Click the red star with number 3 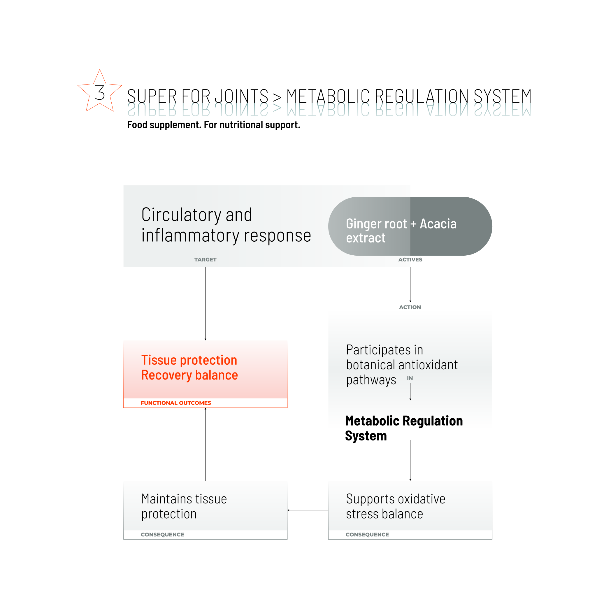pos(99,92)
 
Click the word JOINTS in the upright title pos(241,96)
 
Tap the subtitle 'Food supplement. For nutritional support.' pos(213,125)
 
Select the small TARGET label pos(205,259)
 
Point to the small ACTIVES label pos(410,259)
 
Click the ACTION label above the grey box pos(410,307)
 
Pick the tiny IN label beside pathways pos(410,378)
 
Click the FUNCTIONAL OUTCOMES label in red pos(176,403)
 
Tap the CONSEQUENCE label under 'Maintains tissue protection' pos(162,535)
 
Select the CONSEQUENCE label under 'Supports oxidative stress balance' pos(367,535)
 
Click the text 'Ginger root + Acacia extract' pos(401,231)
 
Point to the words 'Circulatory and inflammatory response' pos(226,225)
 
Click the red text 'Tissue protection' pos(189,360)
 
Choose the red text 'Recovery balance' pos(189,375)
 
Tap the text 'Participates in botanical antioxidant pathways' pos(401,365)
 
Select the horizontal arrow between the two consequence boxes pos(308,510)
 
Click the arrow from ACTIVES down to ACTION pos(410,285)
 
